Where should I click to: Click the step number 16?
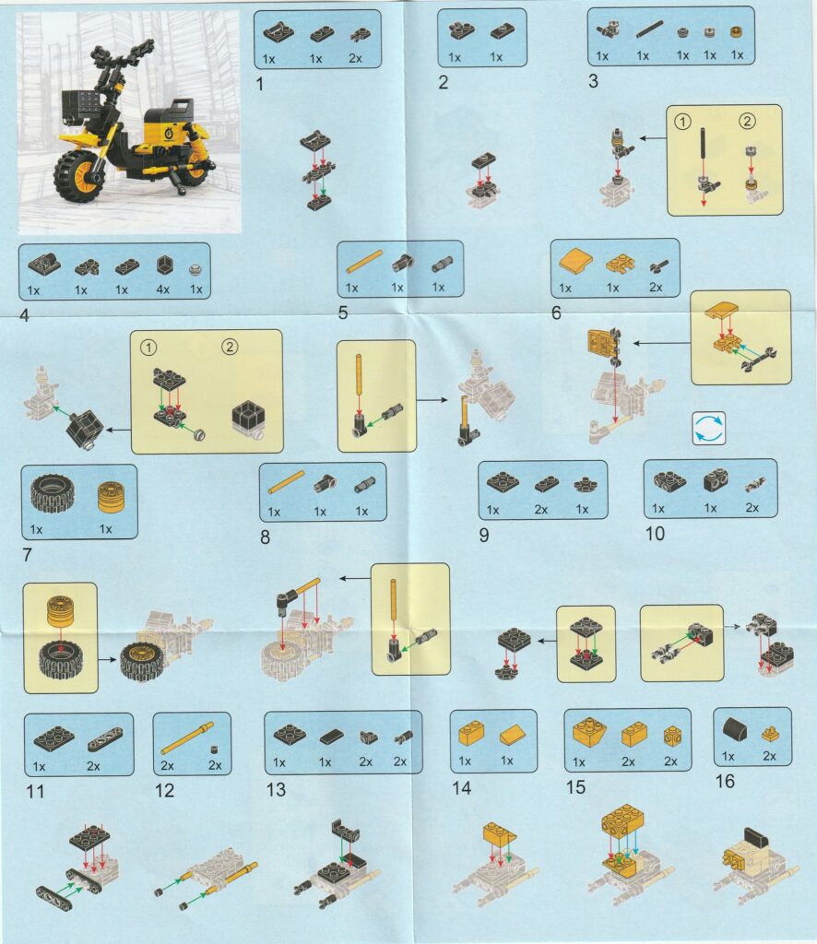coord(725,781)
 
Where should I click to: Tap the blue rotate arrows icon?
coord(709,428)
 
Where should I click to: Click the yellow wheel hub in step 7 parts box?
coord(111,496)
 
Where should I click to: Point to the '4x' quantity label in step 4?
coord(162,289)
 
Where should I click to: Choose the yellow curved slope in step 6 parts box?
coord(575,263)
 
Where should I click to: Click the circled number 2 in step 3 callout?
coord(747,121)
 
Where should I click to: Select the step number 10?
coord(655,534)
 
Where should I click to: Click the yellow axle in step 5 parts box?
coord(364,263)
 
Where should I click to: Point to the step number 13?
coord(276,789)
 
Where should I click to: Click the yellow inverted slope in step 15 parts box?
coord(589,731)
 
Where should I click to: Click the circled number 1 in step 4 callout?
coord(148,348)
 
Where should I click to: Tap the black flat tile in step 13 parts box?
coord(332,736)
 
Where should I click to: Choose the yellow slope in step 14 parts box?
coord(513,735)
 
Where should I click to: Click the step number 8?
coord(265,537)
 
